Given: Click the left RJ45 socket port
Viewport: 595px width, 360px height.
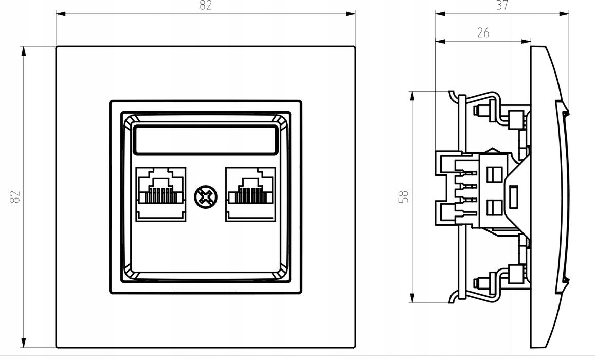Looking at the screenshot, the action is click(161, 194).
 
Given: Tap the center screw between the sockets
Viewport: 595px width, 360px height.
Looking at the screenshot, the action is click(206, 197).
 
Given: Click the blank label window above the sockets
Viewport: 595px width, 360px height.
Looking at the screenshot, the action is click(206, 140).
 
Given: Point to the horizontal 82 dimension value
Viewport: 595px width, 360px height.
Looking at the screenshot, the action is click(205, 5).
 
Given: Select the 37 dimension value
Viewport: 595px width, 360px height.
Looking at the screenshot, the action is click(502, 5).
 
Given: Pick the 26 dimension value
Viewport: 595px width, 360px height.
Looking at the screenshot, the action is click(483, 33).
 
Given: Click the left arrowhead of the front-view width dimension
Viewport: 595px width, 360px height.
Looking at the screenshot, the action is click(61, 14).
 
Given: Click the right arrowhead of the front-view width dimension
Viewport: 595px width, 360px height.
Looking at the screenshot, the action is click(351, 14).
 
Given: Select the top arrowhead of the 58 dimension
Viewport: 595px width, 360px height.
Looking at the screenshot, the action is click(412, 96).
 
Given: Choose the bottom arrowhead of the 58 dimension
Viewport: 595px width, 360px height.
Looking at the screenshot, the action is click(412, 298).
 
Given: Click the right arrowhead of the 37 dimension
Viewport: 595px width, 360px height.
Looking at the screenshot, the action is click(564, 14).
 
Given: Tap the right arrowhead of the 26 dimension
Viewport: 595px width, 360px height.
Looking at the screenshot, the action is click(526, 41).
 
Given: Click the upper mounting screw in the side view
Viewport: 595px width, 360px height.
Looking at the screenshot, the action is click(482, 111).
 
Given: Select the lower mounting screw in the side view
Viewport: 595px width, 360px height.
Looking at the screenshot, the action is click(482, 283).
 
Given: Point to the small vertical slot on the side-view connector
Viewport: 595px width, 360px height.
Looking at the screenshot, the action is click(514, 196).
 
